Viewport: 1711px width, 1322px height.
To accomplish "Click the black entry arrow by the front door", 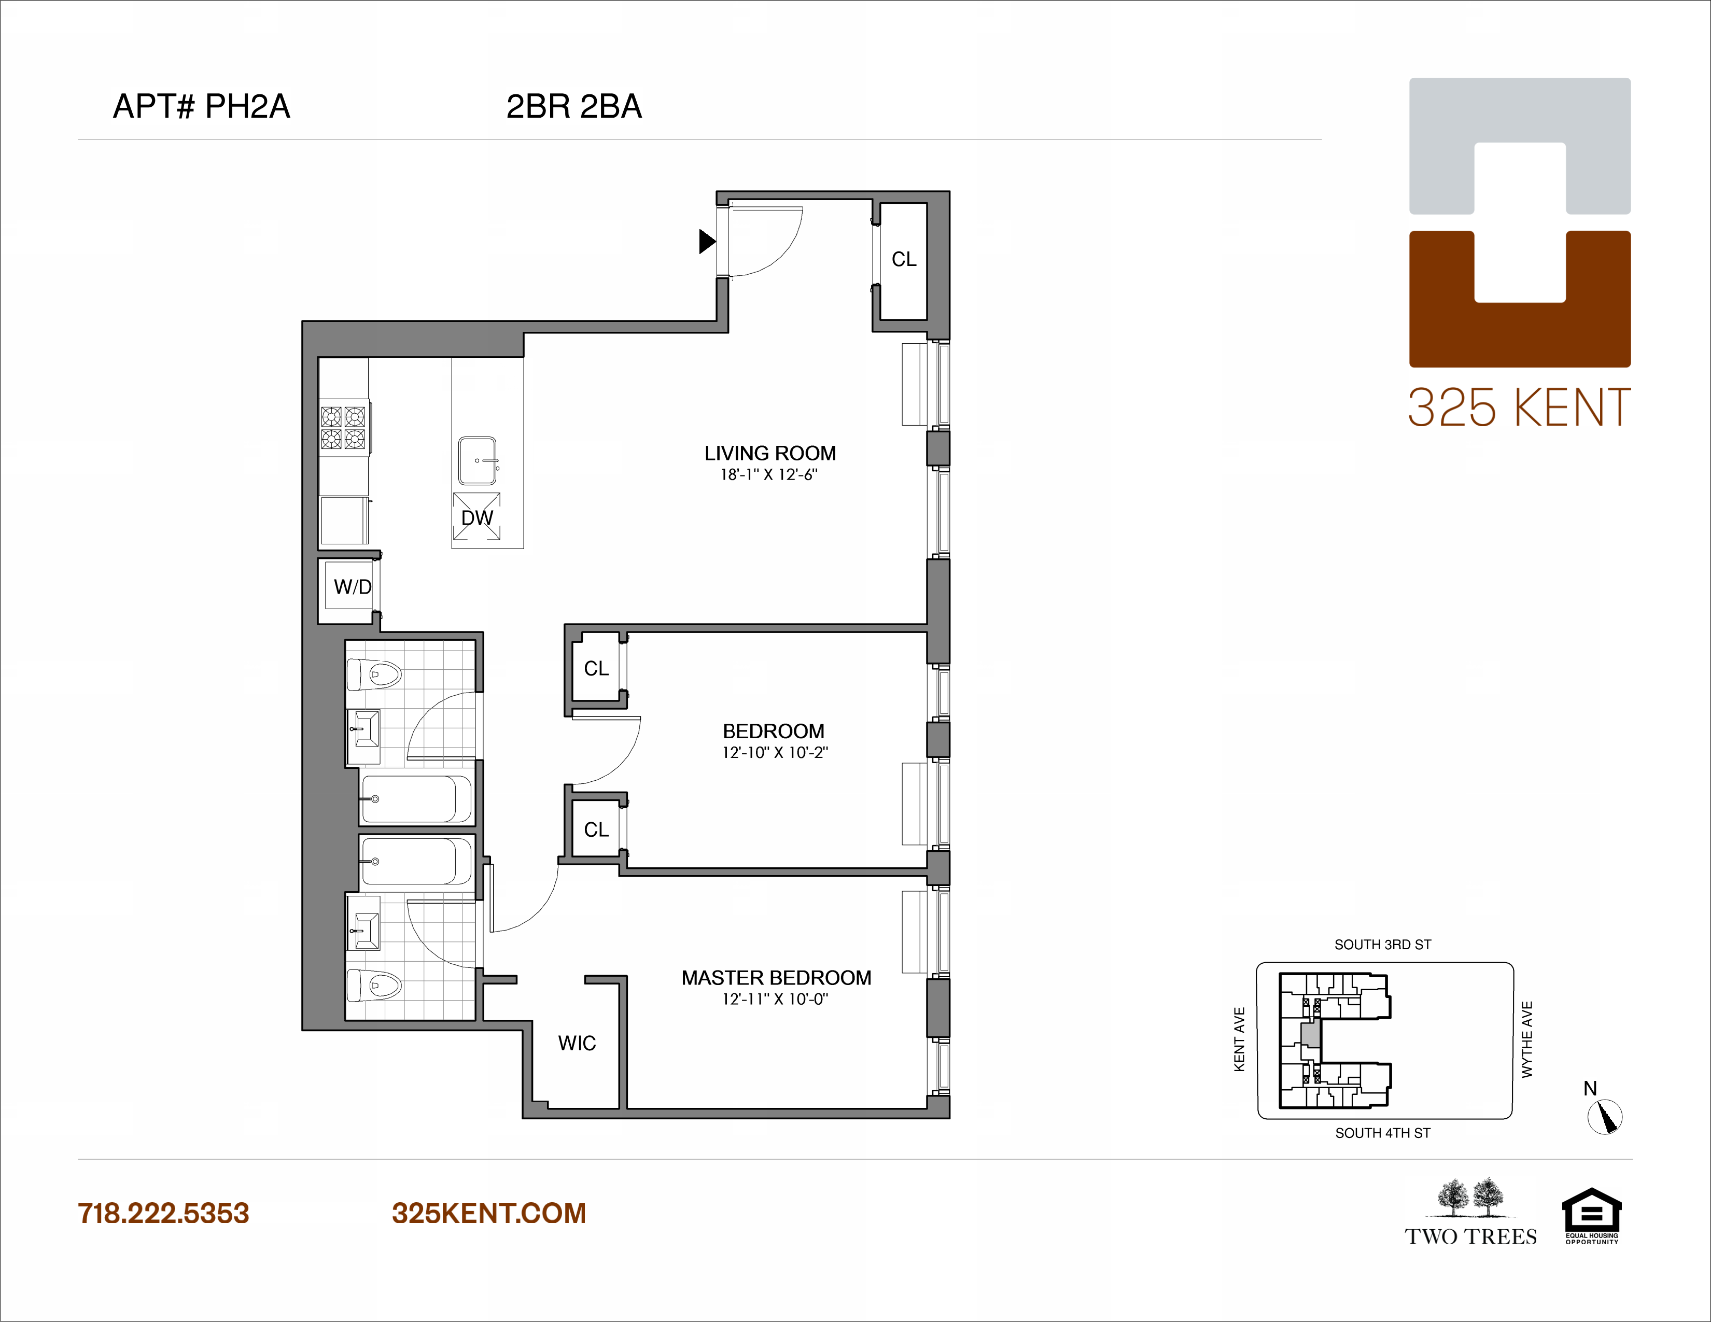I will pos(707,241).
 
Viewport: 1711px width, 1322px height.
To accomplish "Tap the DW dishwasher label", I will pos(476,518).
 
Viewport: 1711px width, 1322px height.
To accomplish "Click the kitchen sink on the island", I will pos(477,461).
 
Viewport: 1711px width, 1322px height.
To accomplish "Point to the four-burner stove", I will pos(343,428).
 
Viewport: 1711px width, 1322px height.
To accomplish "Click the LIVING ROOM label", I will pos(769,454).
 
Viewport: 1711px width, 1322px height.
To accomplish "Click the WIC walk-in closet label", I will pos(577,1043).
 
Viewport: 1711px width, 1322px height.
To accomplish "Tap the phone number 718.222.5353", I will pos(163,1213).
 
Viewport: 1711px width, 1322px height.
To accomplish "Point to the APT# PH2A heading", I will pos(201,106).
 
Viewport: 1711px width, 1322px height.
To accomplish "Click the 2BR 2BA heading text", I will pos(573,106).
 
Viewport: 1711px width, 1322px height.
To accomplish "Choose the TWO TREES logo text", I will pos(1470,1236).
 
